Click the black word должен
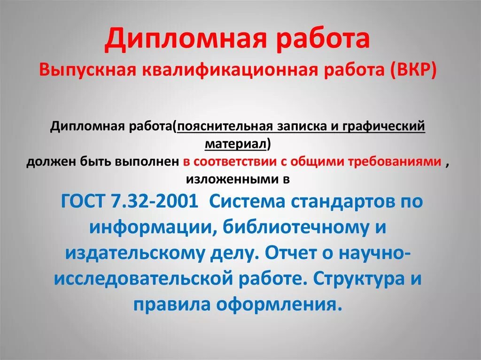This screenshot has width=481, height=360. click(x=47, y=162)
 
